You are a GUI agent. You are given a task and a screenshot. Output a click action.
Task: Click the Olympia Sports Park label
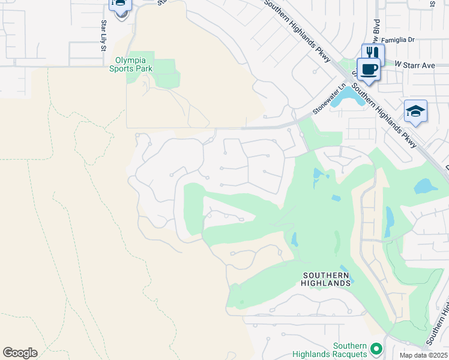(131, 65)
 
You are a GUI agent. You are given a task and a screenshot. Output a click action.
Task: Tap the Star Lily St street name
(103, 35)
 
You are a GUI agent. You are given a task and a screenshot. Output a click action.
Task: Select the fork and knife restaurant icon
(372, 53)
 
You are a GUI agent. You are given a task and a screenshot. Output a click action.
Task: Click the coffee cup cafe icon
(368, 68)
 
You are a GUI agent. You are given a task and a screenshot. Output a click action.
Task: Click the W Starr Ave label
(414, 63)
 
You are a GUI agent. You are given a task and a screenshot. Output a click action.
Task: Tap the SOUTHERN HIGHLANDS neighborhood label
(326, 279)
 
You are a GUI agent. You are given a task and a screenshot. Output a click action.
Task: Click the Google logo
(20, 353)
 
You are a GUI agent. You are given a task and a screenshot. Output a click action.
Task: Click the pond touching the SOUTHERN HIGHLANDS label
(346, 272)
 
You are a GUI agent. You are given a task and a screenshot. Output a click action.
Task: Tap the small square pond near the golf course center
(336, 197)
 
